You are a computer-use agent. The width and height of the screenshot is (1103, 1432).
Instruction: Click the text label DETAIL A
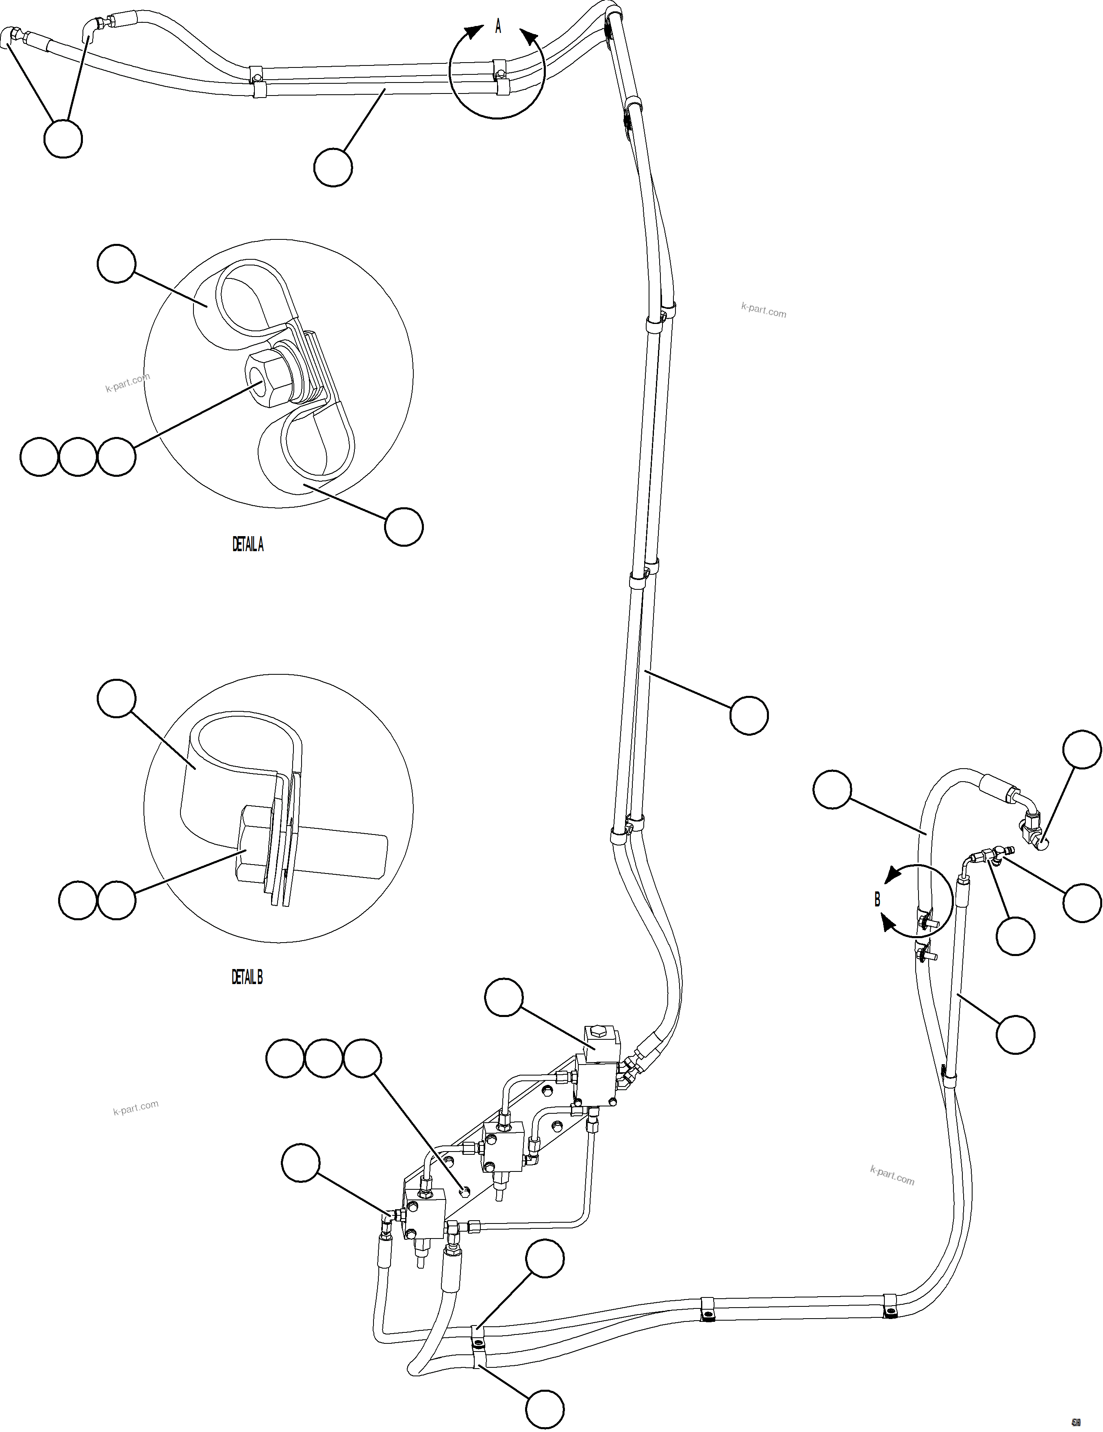click(x=248, y=544)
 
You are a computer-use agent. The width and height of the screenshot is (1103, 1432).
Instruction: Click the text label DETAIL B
click(x=247, y=977)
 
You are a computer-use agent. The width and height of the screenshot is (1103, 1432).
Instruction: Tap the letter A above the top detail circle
click(x=498, y=27)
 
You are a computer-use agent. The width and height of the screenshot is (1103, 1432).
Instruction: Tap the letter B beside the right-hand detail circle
click(x=877, y=900)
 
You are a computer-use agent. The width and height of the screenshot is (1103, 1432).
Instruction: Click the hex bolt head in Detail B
click(x=252, y=846)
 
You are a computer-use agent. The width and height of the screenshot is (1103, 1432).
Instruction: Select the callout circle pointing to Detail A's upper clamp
click(x=117, y=263)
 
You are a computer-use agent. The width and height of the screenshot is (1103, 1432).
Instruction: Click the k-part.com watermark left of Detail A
click(x=128, y=382)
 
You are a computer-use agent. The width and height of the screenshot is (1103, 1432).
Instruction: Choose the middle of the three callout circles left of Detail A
click(x=78, y=456)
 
